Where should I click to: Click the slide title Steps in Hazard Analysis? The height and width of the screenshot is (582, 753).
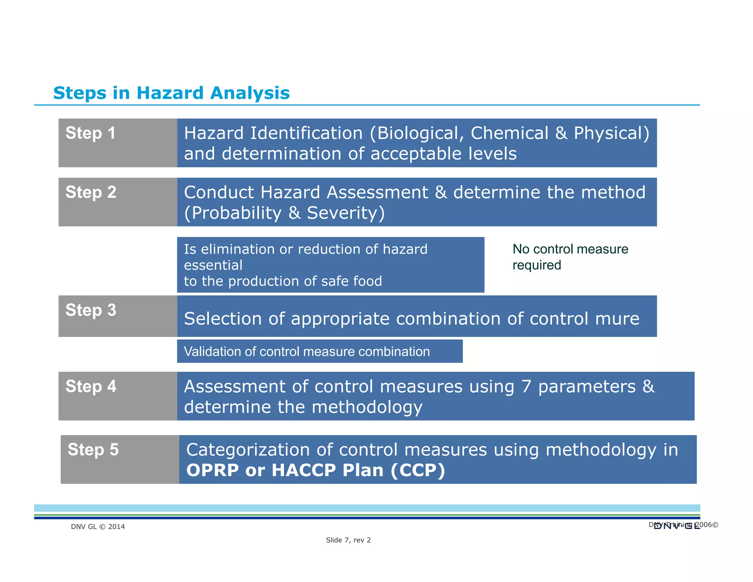click(x=171, y=93)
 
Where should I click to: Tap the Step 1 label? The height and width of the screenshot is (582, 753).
click(x=90, y=133)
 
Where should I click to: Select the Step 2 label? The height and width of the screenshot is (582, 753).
click(x=91, y=192)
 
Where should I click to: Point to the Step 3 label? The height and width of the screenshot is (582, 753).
click(x=91, y=310)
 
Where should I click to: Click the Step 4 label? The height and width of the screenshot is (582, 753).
click(x=91, y=386)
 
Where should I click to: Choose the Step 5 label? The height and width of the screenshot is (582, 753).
click(x=93, y=450)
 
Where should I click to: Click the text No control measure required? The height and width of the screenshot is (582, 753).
click(x=570, y=257)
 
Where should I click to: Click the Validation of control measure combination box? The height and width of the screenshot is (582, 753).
click(x=319, y=351)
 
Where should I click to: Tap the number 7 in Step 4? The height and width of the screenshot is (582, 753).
click(x=526, y=387)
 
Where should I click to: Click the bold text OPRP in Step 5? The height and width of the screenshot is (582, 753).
click(x=213, y=470)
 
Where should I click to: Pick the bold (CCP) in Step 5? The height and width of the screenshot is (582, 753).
click(x=418, y=470)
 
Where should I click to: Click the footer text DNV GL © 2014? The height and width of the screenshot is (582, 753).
click(x=98, y=526)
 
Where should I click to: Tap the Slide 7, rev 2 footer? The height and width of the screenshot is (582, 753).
click(x=348, y=540)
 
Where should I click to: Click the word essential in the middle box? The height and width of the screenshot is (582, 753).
click(x=213, y=265)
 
